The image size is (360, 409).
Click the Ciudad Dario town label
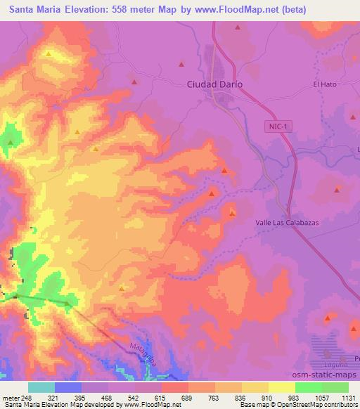[215, 84]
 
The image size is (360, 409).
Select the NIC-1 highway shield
[278, 126]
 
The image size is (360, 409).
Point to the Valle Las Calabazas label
[286, 222]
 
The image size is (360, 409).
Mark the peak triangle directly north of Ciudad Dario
[238, 28]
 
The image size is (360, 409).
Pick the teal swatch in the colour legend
[41, 387]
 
